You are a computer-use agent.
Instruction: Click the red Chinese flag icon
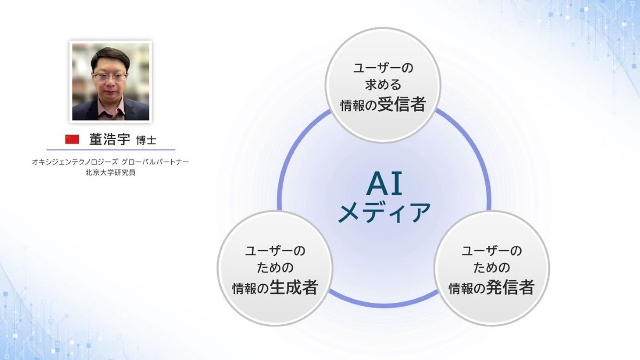pos(72,139)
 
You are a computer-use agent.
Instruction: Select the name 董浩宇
pos(110,139)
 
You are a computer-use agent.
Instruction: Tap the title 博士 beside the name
pos(146,140)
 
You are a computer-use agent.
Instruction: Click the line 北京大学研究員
pos(110,173)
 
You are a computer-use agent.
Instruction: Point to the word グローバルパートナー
pos(155,162)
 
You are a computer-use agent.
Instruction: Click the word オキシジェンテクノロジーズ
pos(75,162)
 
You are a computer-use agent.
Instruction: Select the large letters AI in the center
pos(385,185)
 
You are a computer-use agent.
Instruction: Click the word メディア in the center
pos(384,212)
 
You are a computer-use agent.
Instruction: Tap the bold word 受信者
pos(402,104)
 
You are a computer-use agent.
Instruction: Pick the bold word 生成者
pos(294,287)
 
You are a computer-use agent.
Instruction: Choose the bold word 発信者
pos(510,287)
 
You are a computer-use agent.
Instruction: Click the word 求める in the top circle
pos(383,85)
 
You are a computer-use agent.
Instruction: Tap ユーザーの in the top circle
pos(383,68)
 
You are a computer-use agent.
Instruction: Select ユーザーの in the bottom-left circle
pos(275,251)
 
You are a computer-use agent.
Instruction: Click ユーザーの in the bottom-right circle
pos(492,251)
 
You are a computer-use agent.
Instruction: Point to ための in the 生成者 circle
pos(275,268)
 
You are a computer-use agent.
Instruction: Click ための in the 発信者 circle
pos(492,268)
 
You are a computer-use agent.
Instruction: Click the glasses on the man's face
pos(110,77)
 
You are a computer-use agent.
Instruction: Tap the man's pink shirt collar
pos(111,109)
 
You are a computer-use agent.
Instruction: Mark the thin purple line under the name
pos(110,150)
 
